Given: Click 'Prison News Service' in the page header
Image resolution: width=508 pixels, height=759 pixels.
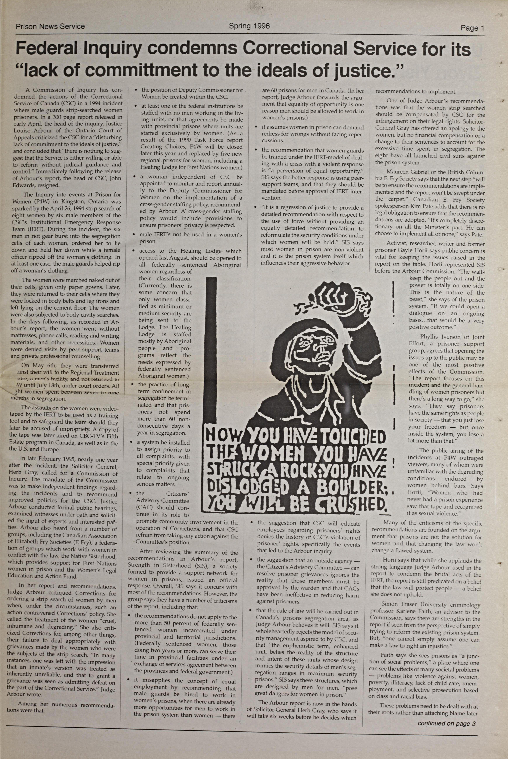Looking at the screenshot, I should [50, 27].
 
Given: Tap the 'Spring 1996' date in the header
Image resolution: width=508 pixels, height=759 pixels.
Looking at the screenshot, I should [249, 26].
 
